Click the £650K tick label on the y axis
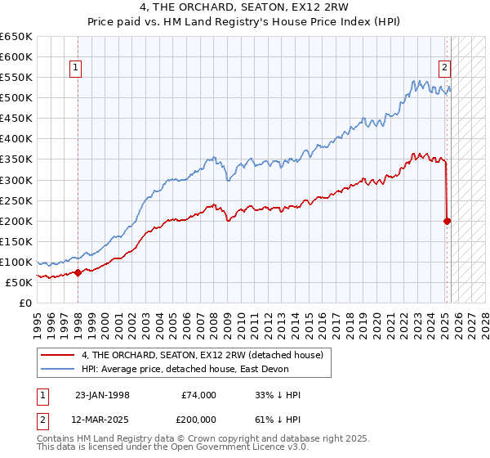point(16,37)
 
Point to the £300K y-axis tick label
point(16,180)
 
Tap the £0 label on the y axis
point(27,303)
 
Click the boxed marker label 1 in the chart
point(75,69)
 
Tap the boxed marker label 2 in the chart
point(444,69)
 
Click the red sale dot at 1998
point(78,272)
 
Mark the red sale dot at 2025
point(448,221)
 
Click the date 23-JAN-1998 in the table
point(102,395)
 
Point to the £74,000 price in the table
point(199,395)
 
